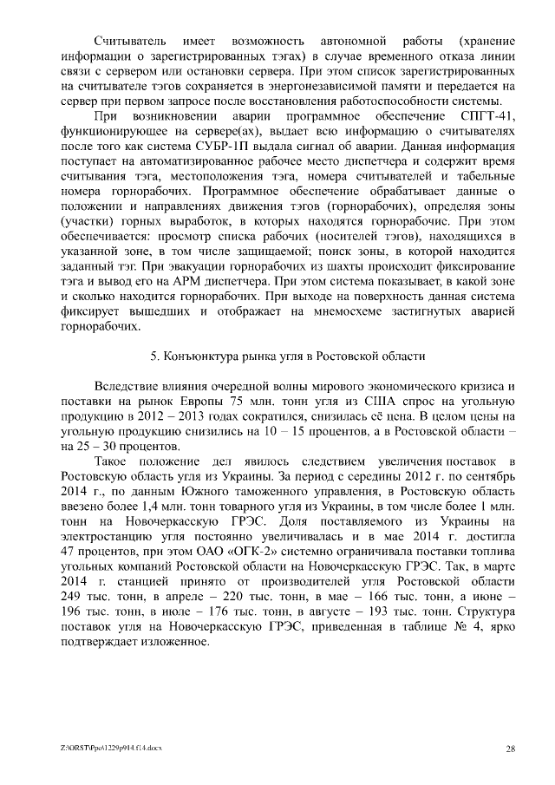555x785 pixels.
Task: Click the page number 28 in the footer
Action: (512, 749)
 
